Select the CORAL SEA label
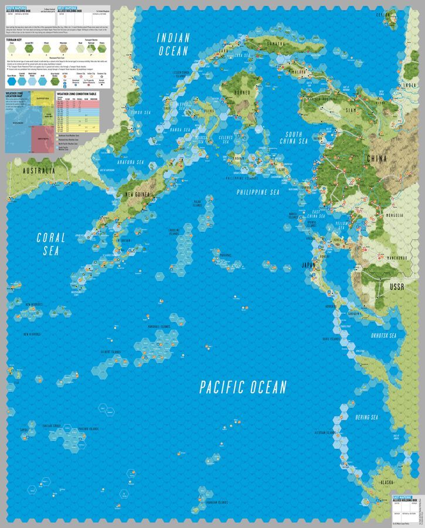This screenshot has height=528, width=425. (x=51, y=244)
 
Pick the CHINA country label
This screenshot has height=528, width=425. (x=376, y=158)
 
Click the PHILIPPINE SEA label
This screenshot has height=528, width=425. (x=259, y=192)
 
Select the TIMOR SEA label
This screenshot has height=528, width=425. (x=141, y=111)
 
